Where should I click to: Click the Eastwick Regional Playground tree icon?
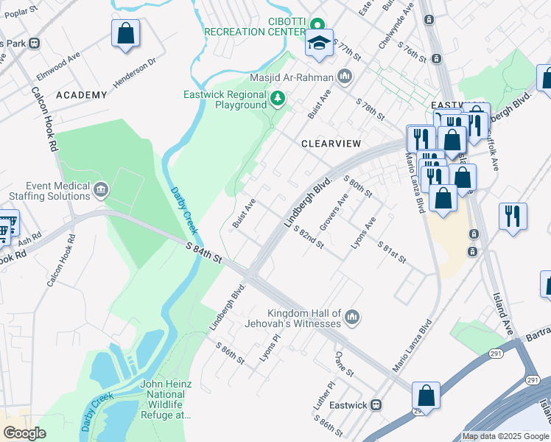point(277,98)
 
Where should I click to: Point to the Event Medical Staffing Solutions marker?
point(101,192)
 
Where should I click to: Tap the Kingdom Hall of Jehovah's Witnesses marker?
point(352,318)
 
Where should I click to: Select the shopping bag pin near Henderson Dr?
point(125,34)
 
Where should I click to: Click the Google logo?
point(24,433)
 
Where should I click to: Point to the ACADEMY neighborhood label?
point(81,95)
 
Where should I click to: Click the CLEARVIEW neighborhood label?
point(329,144)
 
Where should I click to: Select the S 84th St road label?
point(203,257)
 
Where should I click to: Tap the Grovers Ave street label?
point(333,212)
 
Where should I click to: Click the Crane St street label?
point(340,362)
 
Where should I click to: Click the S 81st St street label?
point(391,251)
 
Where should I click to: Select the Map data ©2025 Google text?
point(505,436)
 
